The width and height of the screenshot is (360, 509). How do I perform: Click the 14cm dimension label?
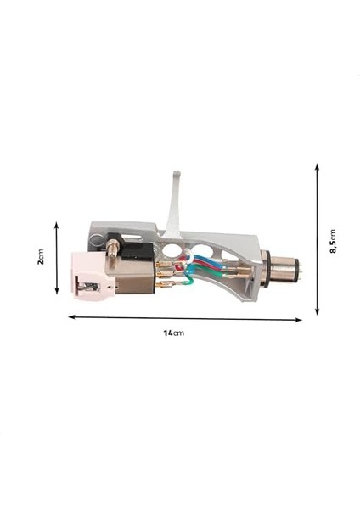point(173,333)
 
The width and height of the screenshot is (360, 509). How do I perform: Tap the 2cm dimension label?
point(41,257)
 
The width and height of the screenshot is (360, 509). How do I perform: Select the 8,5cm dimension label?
point(333,241)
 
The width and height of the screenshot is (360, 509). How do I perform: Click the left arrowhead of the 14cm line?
point(70,317)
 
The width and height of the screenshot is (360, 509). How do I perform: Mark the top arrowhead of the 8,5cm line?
point(317,168)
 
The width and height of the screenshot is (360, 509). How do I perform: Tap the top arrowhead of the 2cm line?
point(57,225)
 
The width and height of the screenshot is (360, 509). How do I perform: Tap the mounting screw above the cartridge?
point(111,249)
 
